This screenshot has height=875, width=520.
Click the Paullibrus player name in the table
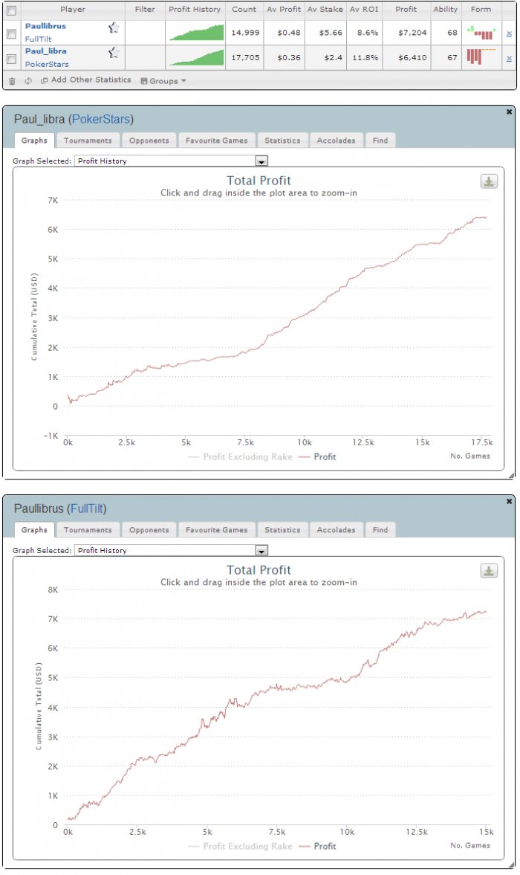(45, 26)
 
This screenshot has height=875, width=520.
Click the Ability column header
(445, 10)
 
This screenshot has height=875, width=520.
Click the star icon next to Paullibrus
(113, 28)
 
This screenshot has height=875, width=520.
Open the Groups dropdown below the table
(164, 80)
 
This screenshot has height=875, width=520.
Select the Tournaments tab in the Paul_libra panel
(88, 140)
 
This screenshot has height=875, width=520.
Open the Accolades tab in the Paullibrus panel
(337, 529)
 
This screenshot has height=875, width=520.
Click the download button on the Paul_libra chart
(488, 181)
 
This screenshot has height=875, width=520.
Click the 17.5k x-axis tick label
(481, 442)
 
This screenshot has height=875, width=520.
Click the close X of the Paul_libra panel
(509, 112)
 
